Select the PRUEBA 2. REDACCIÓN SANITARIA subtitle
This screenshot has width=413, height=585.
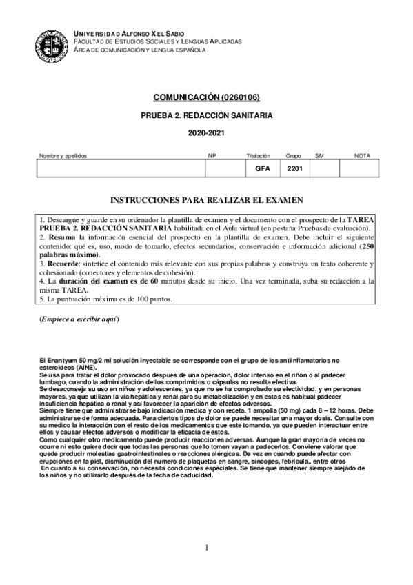[x=206, y=115]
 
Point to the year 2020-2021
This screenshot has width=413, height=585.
[x=206, y=134]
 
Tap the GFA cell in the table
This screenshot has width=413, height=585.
[x=263, y=168]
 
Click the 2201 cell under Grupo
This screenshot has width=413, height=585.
[x=295, y=168]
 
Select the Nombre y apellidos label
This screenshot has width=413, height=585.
[x=63, y=156]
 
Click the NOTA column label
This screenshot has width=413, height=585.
[x=362, y=156]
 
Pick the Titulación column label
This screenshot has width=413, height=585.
[x=258, y=156]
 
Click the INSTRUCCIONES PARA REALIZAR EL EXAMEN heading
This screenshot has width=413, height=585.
[x=206, y=200]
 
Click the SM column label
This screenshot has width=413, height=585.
[x=319, y=156]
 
